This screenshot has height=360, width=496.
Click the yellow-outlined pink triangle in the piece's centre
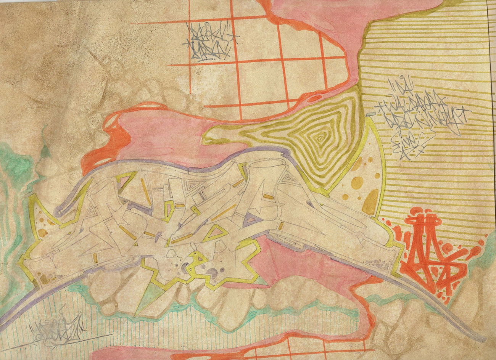216,232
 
